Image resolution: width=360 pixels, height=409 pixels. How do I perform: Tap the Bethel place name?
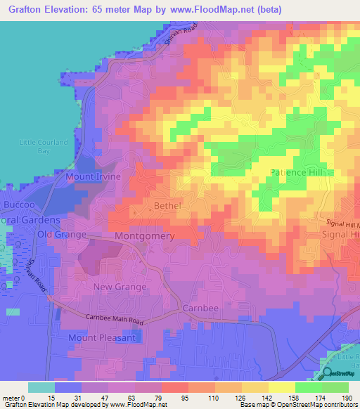click(167, 205)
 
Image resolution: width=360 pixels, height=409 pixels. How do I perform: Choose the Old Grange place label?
click(62, 234)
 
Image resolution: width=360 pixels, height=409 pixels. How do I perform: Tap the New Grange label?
click(120, 287)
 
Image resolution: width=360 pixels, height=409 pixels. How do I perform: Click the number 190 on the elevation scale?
click(347, 398)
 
